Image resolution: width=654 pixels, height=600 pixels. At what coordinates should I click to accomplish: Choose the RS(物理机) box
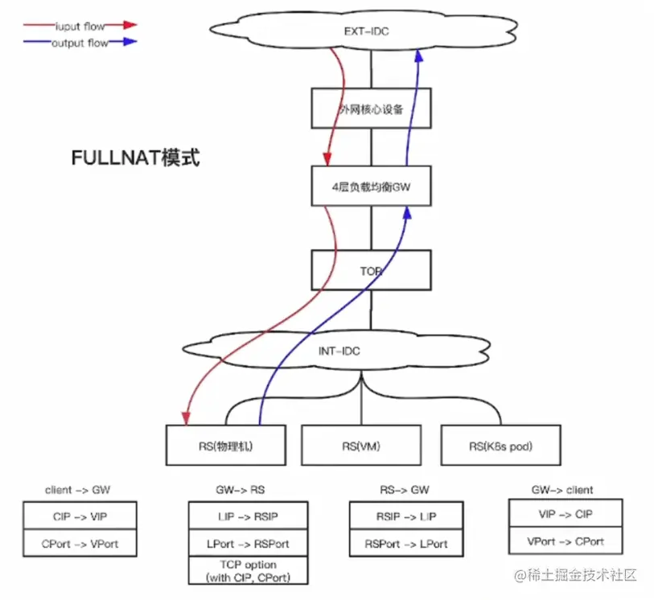(225, 445)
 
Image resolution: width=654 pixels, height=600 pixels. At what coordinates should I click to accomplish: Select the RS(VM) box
(361, 445)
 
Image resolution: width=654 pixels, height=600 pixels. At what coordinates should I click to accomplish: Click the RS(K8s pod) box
(500, 445)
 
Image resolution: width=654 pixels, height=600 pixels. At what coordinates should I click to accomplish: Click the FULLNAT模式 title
(135, 158)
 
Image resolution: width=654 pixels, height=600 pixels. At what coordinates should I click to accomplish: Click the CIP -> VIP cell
(80, 516)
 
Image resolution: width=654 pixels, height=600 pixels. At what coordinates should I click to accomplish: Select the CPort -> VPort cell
(80, 544)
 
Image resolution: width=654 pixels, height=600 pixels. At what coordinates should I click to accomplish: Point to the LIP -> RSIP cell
(249, 516)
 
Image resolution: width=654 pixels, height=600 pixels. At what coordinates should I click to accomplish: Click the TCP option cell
(249, 570)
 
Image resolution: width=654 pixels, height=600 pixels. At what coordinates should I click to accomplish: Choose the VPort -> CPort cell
(566, 540)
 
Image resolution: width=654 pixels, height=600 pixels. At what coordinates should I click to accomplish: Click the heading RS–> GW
(404, 490)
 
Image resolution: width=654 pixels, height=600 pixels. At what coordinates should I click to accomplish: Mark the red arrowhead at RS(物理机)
(187, 417)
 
